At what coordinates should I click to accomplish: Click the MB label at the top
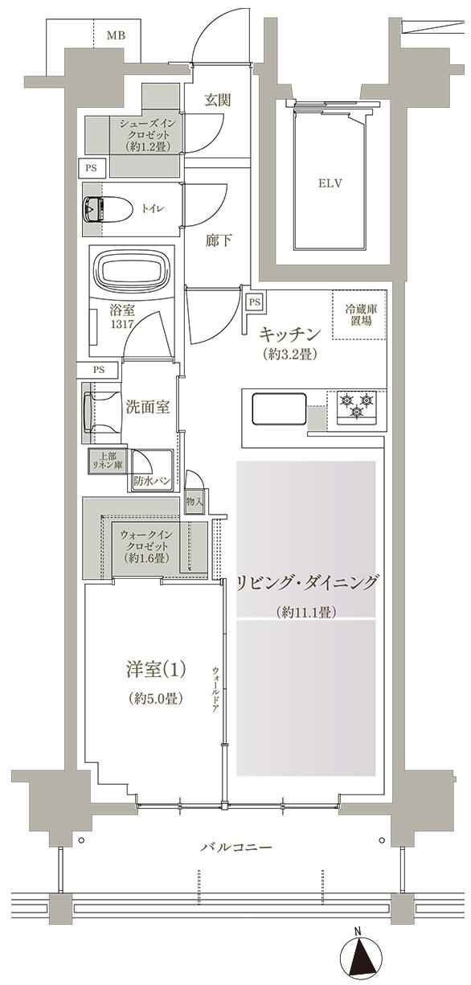pyautogui.click(x=116, y=35)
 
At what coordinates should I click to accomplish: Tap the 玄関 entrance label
pyautogui.click(x=217, y=101)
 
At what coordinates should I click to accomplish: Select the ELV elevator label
pyautogui.click(x=330, y=183)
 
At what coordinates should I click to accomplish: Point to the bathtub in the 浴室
pyautogui.click(x=132, y=272)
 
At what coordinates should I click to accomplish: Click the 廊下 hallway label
pyautogui.click(x=218, y=240)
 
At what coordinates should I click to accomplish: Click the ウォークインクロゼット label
pyautogui.click(x=144, y=544)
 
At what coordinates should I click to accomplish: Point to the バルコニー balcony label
pyautogui.click(x=235, y=848)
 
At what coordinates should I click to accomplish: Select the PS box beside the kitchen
pyautogui.click(x=254, y=302)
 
